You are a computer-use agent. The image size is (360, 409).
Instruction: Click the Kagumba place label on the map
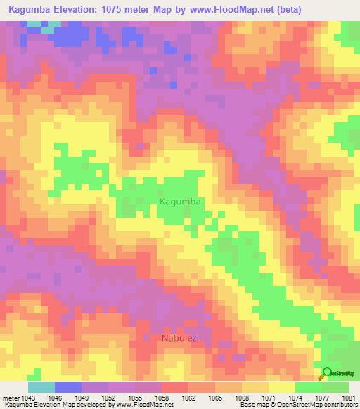point(181,202)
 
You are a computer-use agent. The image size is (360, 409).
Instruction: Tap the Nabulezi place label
point(182,338)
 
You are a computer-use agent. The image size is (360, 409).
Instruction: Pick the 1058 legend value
point(161,398)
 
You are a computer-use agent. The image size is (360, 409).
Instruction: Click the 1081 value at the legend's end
point(348,398)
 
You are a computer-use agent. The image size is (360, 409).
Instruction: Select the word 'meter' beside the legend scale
point(10,398)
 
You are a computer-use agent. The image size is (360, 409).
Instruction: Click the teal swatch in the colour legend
point(41,387)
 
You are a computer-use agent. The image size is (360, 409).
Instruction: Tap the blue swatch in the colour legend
point(67,387)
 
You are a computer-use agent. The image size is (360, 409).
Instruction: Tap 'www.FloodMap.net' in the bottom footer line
point(143,405)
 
